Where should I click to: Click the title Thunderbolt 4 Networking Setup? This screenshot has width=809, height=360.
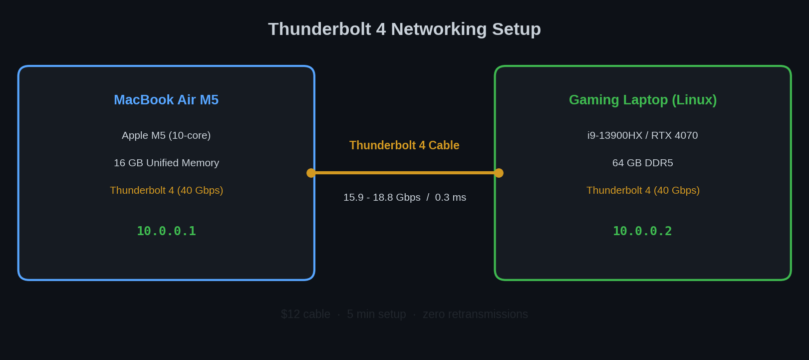tap(404, 29)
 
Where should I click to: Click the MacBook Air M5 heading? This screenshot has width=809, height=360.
tap(166, 100)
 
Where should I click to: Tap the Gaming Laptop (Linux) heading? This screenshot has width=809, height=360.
tap(643, 100)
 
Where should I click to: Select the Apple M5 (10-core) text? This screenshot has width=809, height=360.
tap(166, 135)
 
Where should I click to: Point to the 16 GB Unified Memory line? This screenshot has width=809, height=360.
tap(166, 163)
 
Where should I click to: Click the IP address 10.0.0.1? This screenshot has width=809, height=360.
tap(166, 231)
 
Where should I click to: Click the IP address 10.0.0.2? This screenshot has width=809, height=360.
tap(642, 231)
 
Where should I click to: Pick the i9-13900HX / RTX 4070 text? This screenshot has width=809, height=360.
tap(642, 135)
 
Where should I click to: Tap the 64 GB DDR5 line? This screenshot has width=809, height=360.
tap(642, 163)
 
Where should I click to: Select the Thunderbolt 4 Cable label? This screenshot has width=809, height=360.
tap(404, 145)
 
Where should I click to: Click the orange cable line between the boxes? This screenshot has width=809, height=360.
tap(404, 173)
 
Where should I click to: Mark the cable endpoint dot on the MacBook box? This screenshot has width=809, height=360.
tap(311, 173)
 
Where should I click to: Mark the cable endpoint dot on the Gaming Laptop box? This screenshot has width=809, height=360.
tap(499, 173)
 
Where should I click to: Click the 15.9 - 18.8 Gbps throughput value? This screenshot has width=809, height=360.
tap(382, 197)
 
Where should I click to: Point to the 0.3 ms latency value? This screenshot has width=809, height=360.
tap(450, 197)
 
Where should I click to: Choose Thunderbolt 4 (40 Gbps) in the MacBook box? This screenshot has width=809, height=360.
tap(166, 190)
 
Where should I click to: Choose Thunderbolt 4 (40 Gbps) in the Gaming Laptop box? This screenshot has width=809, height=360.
tap(643, 190)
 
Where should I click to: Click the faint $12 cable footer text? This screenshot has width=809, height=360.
tap(305, 314)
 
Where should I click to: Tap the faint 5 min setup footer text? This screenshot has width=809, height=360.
tap(376, 314)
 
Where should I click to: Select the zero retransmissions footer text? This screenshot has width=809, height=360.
tap(475, 314)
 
